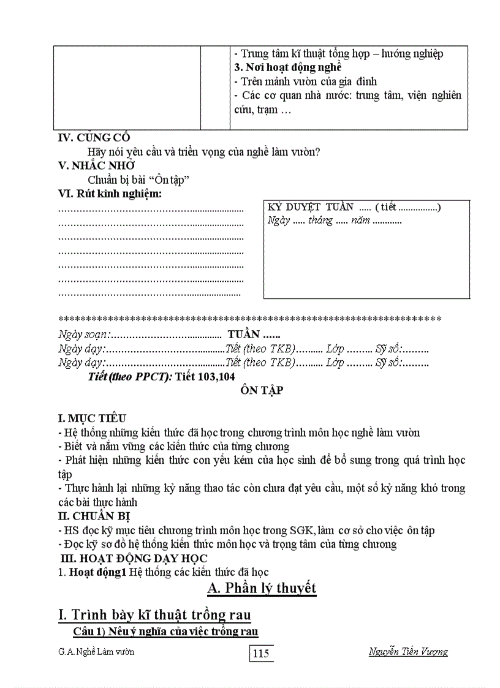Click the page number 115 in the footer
(x=261, y=653)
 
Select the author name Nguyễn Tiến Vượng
(x=408, y=651)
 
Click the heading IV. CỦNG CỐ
(x=94, y=138)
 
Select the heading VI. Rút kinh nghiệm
(x=110, y=194)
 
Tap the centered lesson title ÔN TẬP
(x=261, y=390)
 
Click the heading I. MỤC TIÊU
(x=92, y=418)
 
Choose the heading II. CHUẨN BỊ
(x=94, y=516)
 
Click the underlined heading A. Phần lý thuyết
(x=262, y=588)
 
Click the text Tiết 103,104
(x=205, y=376)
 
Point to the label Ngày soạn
(x=83, y=335)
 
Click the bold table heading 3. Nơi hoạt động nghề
(x=287, y=67)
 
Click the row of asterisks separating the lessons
(x=249, y=319)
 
